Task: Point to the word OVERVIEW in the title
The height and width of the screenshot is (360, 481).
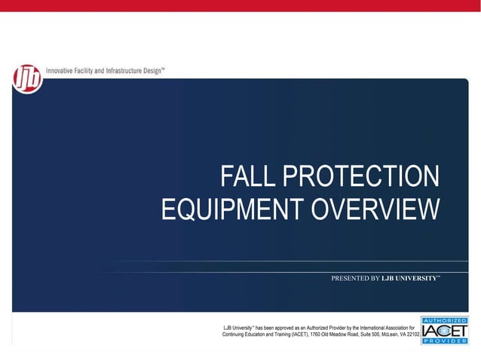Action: point(377,209)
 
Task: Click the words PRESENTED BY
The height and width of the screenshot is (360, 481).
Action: point(355,279)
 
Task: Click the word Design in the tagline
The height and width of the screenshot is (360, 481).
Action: point(171,70)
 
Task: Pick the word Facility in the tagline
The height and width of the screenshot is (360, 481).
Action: point(93,70)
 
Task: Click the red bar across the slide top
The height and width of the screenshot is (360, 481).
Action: point(240,5)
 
